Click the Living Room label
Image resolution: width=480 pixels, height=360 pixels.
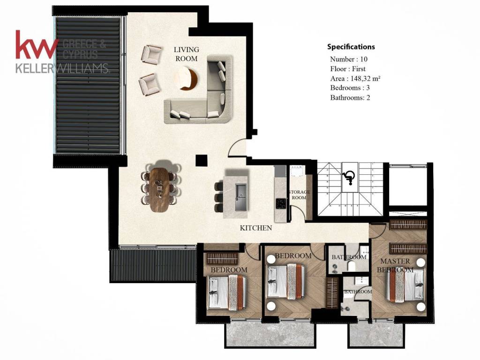coord(187,54)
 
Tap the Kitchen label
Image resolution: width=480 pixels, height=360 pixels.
coord(256,228)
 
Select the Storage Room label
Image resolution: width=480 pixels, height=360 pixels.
coord(299,195)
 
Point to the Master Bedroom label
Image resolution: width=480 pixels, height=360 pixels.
coord(395,265)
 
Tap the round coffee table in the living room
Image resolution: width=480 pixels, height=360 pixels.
coord(186,79)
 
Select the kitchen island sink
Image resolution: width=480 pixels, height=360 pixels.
coord(241,197)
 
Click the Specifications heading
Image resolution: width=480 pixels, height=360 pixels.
coord(351,47)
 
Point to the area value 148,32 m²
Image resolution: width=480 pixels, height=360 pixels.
coord(365,78)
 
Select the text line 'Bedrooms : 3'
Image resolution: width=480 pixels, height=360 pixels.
coord(350,88)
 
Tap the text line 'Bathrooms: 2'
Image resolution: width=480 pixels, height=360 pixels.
coord(350,97)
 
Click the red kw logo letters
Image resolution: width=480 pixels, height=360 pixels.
coord(37,45)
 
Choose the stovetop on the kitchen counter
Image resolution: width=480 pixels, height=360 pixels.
coord(281,203)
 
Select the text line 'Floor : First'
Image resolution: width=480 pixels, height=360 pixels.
coord(348,69)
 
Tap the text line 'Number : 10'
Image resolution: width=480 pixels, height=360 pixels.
coord(349,59)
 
